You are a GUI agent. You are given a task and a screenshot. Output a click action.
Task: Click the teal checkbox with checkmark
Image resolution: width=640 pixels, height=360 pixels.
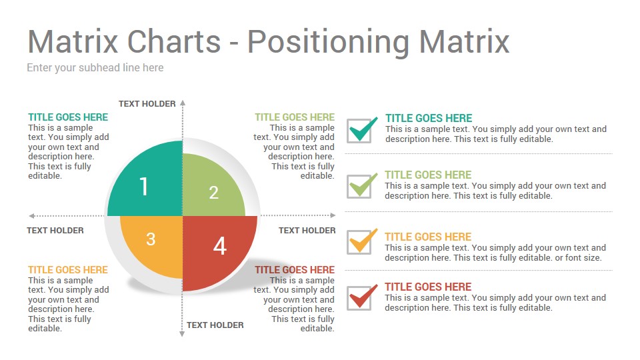click(x=361, y=130)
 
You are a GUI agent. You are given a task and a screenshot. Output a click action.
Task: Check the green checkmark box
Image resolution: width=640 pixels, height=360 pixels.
click(x=361, y=186)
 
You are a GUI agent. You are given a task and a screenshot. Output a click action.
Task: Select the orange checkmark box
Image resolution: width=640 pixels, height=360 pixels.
click(x=361, y=241)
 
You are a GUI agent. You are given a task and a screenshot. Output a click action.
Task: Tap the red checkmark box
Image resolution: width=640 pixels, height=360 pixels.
click(x=361, y=297)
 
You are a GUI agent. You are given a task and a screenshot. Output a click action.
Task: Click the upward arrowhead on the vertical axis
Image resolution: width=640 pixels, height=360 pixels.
click(x=183, y=103)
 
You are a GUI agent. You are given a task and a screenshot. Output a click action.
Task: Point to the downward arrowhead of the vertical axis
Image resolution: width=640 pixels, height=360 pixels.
click(x=182, y=333)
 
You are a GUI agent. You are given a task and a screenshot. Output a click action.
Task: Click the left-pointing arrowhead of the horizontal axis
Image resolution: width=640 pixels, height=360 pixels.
click(x=32, y=216)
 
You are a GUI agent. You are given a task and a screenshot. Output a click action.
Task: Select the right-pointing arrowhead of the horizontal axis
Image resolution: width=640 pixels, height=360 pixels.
click(x=333, y=215)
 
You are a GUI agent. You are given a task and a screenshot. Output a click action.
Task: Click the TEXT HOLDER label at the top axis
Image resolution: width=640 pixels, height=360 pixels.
click(x=147, y=104)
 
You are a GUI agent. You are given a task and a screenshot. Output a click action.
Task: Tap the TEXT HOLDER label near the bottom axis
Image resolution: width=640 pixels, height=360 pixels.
click(x=215, y=325)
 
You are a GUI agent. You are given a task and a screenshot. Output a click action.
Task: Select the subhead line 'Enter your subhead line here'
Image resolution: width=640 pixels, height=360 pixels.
click(x=95, y=68)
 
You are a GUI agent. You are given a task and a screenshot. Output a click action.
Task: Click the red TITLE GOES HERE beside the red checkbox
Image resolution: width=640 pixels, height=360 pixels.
click(x=428, y=287)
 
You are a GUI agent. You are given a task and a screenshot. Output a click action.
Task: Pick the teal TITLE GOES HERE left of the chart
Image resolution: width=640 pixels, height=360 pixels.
click(x=68, y=117)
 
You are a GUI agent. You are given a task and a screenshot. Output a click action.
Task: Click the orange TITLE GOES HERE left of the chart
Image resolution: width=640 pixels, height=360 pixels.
click(x=68, y=270)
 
